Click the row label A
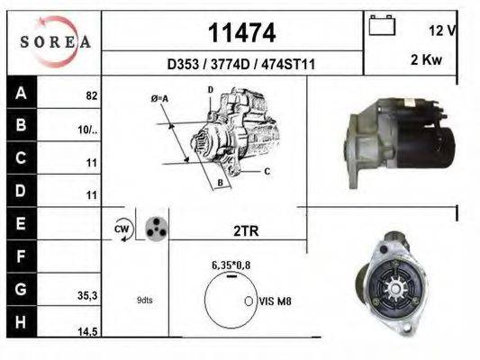[x=20, y=93]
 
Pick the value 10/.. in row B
[x=87, y=129]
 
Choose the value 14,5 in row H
[x=87, y=332]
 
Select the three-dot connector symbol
[x=156, y=229]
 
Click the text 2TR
[x=245, y=230]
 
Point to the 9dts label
[x=145, y=300]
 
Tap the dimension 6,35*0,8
[x=230, y=265]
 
